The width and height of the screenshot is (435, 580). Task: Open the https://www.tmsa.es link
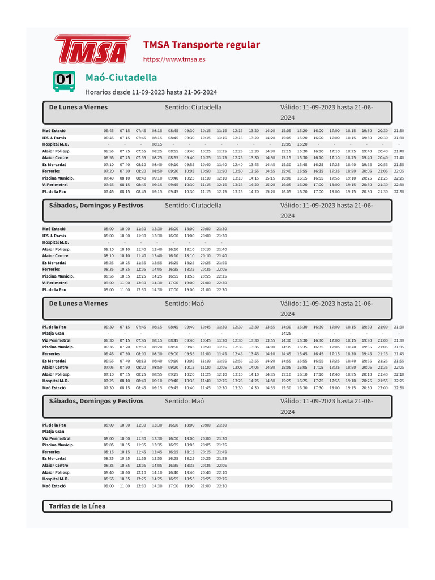pos(174,59)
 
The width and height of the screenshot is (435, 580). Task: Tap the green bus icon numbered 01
pos(64,81)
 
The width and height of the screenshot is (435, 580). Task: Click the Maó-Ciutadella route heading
pos(121,77)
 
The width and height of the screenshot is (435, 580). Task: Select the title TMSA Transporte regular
pos(201,45)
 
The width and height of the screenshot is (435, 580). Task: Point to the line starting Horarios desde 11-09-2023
pos(151,92)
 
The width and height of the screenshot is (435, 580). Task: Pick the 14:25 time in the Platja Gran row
pos(286,334)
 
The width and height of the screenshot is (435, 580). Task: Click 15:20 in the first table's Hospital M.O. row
pos(302,144)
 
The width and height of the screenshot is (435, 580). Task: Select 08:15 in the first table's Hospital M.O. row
pos(157,144)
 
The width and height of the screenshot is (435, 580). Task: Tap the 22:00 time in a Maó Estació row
pos(383,388)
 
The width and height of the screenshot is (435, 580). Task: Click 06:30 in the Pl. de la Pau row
pos(109,327)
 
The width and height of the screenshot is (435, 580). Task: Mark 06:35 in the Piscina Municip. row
pos(109,347)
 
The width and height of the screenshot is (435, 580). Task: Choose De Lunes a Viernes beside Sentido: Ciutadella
pos(78,107)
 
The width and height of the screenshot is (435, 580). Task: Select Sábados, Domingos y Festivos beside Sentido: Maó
pos(96,400)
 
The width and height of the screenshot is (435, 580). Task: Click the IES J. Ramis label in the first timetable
pos(54,138)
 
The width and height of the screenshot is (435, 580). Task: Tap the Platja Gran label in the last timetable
pos(53,432)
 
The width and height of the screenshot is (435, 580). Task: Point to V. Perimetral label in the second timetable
pos(55,283)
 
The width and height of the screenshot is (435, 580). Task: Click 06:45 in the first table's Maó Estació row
pos(109,131)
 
